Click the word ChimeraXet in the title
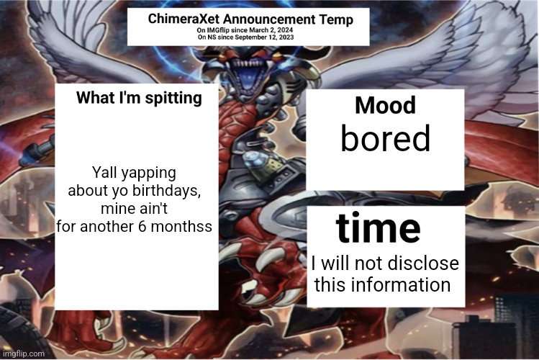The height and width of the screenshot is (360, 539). click(183, 19)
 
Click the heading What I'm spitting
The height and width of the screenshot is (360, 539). click(139, 99)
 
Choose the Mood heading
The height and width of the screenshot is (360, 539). click(385, 106)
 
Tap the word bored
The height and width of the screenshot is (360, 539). click(385, 139)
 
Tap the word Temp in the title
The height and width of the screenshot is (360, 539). click(337, 19)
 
